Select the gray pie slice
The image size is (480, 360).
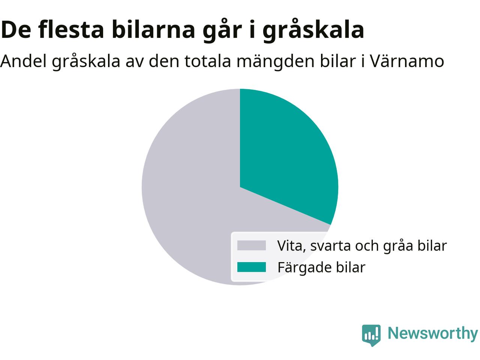[x=186, y=197]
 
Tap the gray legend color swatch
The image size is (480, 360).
[x=252, y=245]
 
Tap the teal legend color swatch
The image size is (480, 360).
[x=252, y=267]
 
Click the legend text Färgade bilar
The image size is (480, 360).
[x=321, y=267]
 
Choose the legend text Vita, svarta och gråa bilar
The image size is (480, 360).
[x=362, y=246]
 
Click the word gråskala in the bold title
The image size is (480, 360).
[x=313, y=30]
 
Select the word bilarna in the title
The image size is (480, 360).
[x=153, y=29]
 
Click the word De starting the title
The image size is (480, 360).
[x=16, y=30]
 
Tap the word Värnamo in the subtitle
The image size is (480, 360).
[x=407, y=61]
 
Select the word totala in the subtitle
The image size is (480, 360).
[x=208, y=61]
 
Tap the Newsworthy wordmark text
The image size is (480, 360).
[x=433, y=334]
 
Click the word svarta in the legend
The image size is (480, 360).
[x=331, y=246]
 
